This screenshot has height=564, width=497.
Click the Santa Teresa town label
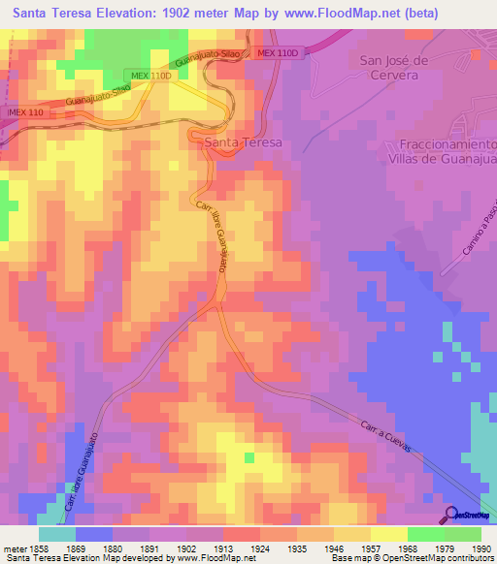click(244, 141)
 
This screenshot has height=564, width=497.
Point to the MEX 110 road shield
click(25, 112)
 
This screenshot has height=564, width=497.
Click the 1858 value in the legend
click(38, 548)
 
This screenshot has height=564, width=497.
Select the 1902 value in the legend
click(185, 548)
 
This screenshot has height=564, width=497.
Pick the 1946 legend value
click(333, 548)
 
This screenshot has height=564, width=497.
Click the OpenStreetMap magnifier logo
click(451, 514)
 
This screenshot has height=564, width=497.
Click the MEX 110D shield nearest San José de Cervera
click(275, 55)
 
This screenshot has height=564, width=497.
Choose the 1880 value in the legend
click(112, 548)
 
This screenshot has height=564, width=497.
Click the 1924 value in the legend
click(259, 548)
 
